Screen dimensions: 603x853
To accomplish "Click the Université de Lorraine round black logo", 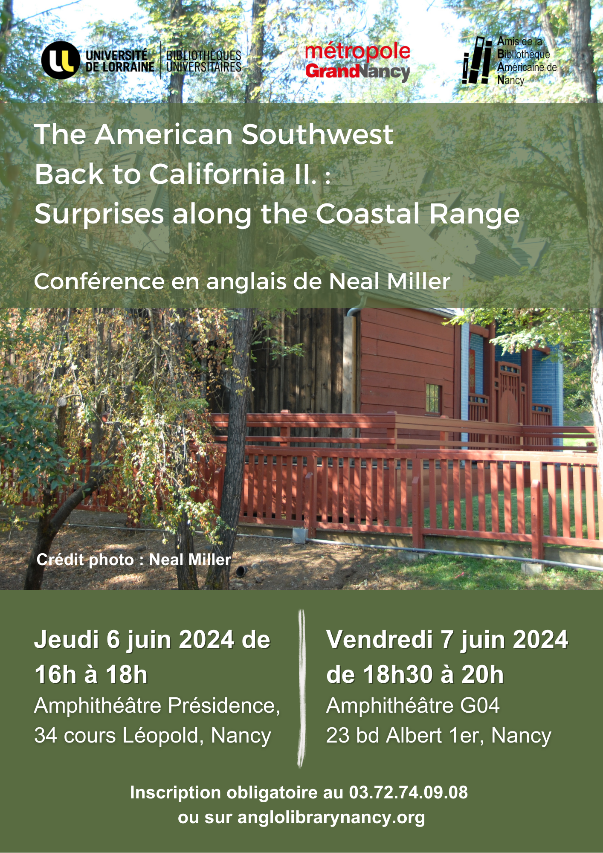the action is click(61, 60).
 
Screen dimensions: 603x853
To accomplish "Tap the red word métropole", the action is click(358, 52).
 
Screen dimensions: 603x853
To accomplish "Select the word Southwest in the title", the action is click(317, 135).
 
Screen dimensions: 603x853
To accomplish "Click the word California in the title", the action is click(217, 174).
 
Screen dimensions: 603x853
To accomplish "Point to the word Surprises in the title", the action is click(99, 214).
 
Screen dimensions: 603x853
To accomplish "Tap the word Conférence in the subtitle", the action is click(99, 281).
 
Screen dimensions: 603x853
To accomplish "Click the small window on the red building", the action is click(433, 399).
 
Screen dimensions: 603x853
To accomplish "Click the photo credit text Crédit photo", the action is click(85, 560).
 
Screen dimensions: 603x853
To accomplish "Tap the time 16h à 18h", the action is click(91, 675).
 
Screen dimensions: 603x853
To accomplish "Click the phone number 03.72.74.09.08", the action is click(409, 792).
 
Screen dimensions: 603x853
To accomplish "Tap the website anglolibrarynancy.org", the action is click(331, 818).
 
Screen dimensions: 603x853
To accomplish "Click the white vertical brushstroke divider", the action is click(301, 689).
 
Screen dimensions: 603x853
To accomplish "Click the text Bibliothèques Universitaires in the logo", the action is click(204, 61).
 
